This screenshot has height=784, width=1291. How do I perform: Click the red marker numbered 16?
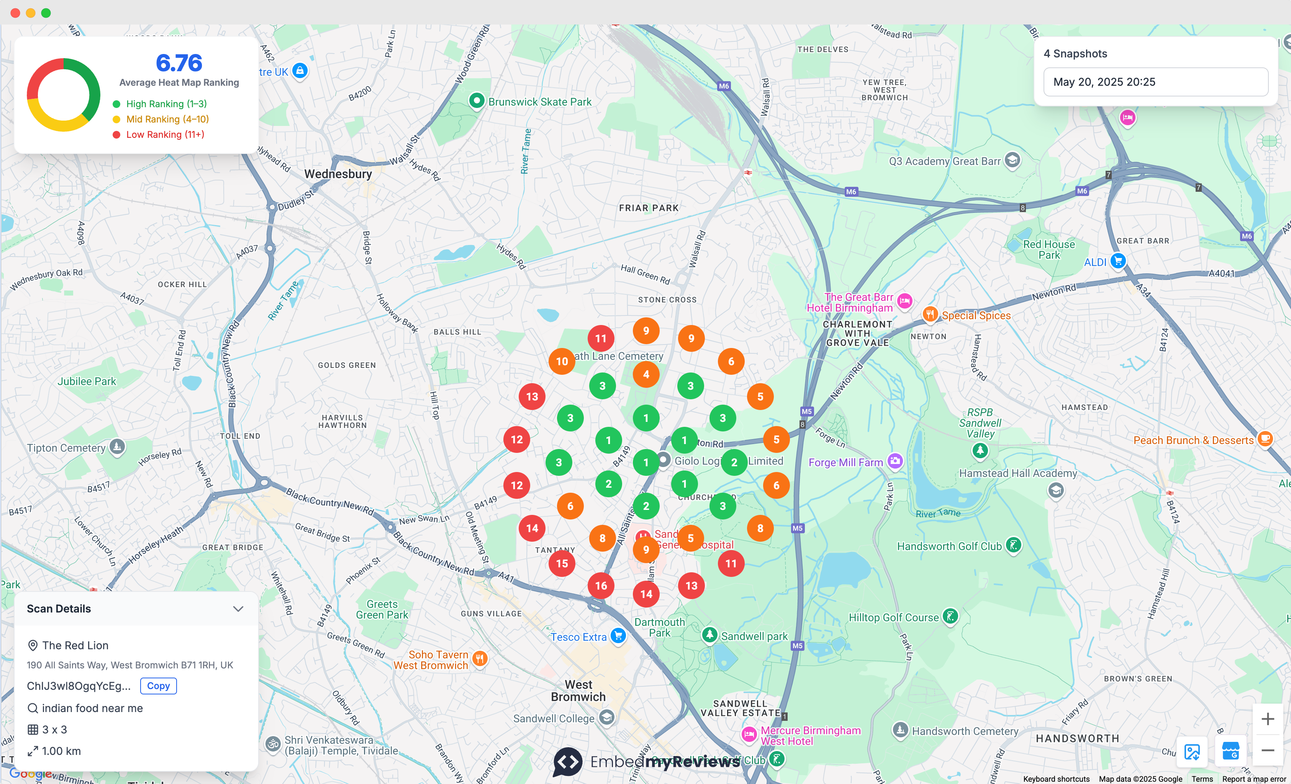coord(601,586)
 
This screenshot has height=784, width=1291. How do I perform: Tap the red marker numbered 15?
coord(562,563)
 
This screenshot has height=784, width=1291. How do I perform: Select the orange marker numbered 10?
coord(562,361)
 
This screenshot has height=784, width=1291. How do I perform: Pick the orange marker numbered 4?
coord(646,374)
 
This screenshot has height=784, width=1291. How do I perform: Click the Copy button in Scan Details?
coord(158,686)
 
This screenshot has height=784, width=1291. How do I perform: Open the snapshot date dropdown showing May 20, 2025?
coord(1155,82)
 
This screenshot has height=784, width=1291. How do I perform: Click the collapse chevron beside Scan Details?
coord(238,609)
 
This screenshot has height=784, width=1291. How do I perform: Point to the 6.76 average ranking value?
coord(179,63)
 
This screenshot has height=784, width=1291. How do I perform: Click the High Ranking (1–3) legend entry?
coord(166,104)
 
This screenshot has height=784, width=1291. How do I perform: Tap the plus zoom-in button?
coord(1267,719)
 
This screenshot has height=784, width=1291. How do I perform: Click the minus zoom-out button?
coord(1267,750)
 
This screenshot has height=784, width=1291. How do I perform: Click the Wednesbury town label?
coord(338,174)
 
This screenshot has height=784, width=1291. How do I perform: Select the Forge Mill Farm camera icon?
coord(895,461)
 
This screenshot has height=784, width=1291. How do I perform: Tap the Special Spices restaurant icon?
coord(930,314)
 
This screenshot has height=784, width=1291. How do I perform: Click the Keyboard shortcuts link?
coord(1056,779)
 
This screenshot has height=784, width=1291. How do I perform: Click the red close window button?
coord(15,13)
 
